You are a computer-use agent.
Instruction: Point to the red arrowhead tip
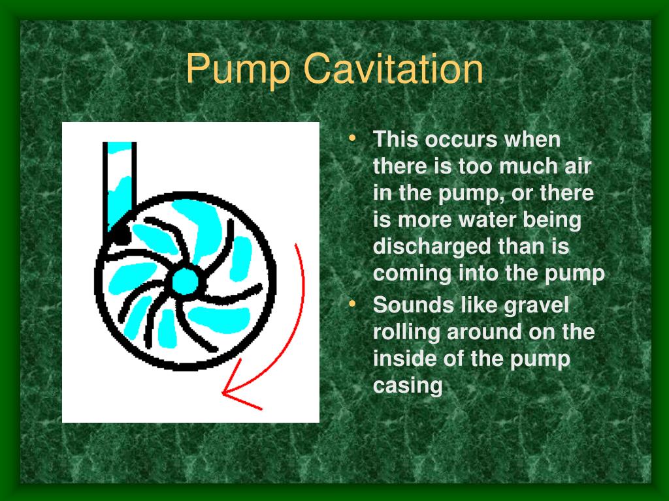[224, 393]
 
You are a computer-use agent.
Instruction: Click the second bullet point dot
[353, 303]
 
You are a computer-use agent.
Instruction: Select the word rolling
[406, 332]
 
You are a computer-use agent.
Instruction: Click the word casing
[407, 386]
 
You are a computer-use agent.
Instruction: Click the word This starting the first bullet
[395, 140]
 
